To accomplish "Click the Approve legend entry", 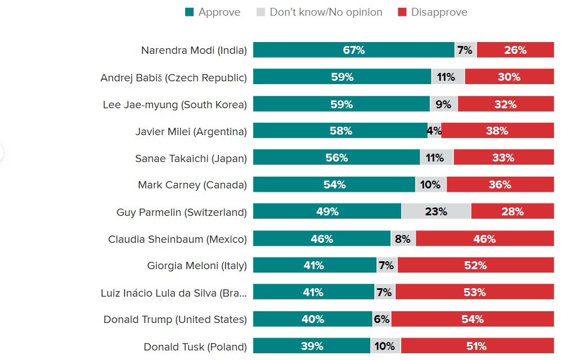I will click(x=213, y=12).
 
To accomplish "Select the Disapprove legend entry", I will click(x=432, y=12).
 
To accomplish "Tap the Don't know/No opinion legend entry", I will click(x=319, y=12).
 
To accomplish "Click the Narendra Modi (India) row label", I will click(x=194, y=50).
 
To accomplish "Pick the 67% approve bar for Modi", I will click(x=353, y=50).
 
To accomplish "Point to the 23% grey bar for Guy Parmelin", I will click(x=436, y=211).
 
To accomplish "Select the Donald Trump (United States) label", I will click(x=175, y=320).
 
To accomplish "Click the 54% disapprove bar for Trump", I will click(x=472, y=319).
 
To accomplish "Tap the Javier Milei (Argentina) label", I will click(x=191, y=132).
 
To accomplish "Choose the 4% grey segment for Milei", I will click(x=434, y=131).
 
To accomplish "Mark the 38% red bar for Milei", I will click(x=497, y=131).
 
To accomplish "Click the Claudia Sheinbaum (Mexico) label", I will click(x=177, y=239).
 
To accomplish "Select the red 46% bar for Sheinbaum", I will click(x=485, y=238).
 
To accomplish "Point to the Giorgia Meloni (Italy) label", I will click(x=197, y=266).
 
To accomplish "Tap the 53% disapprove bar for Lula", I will click(x=475, y=292).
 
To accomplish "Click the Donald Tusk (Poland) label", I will click(x=195, y=347).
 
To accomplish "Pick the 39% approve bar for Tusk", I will click(x=312, y=346).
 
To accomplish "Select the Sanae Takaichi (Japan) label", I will click(x=191, y=159).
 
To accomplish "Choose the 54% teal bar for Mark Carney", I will click(x=334, y=184).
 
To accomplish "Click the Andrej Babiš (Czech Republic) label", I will click(x=173, y=78).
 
